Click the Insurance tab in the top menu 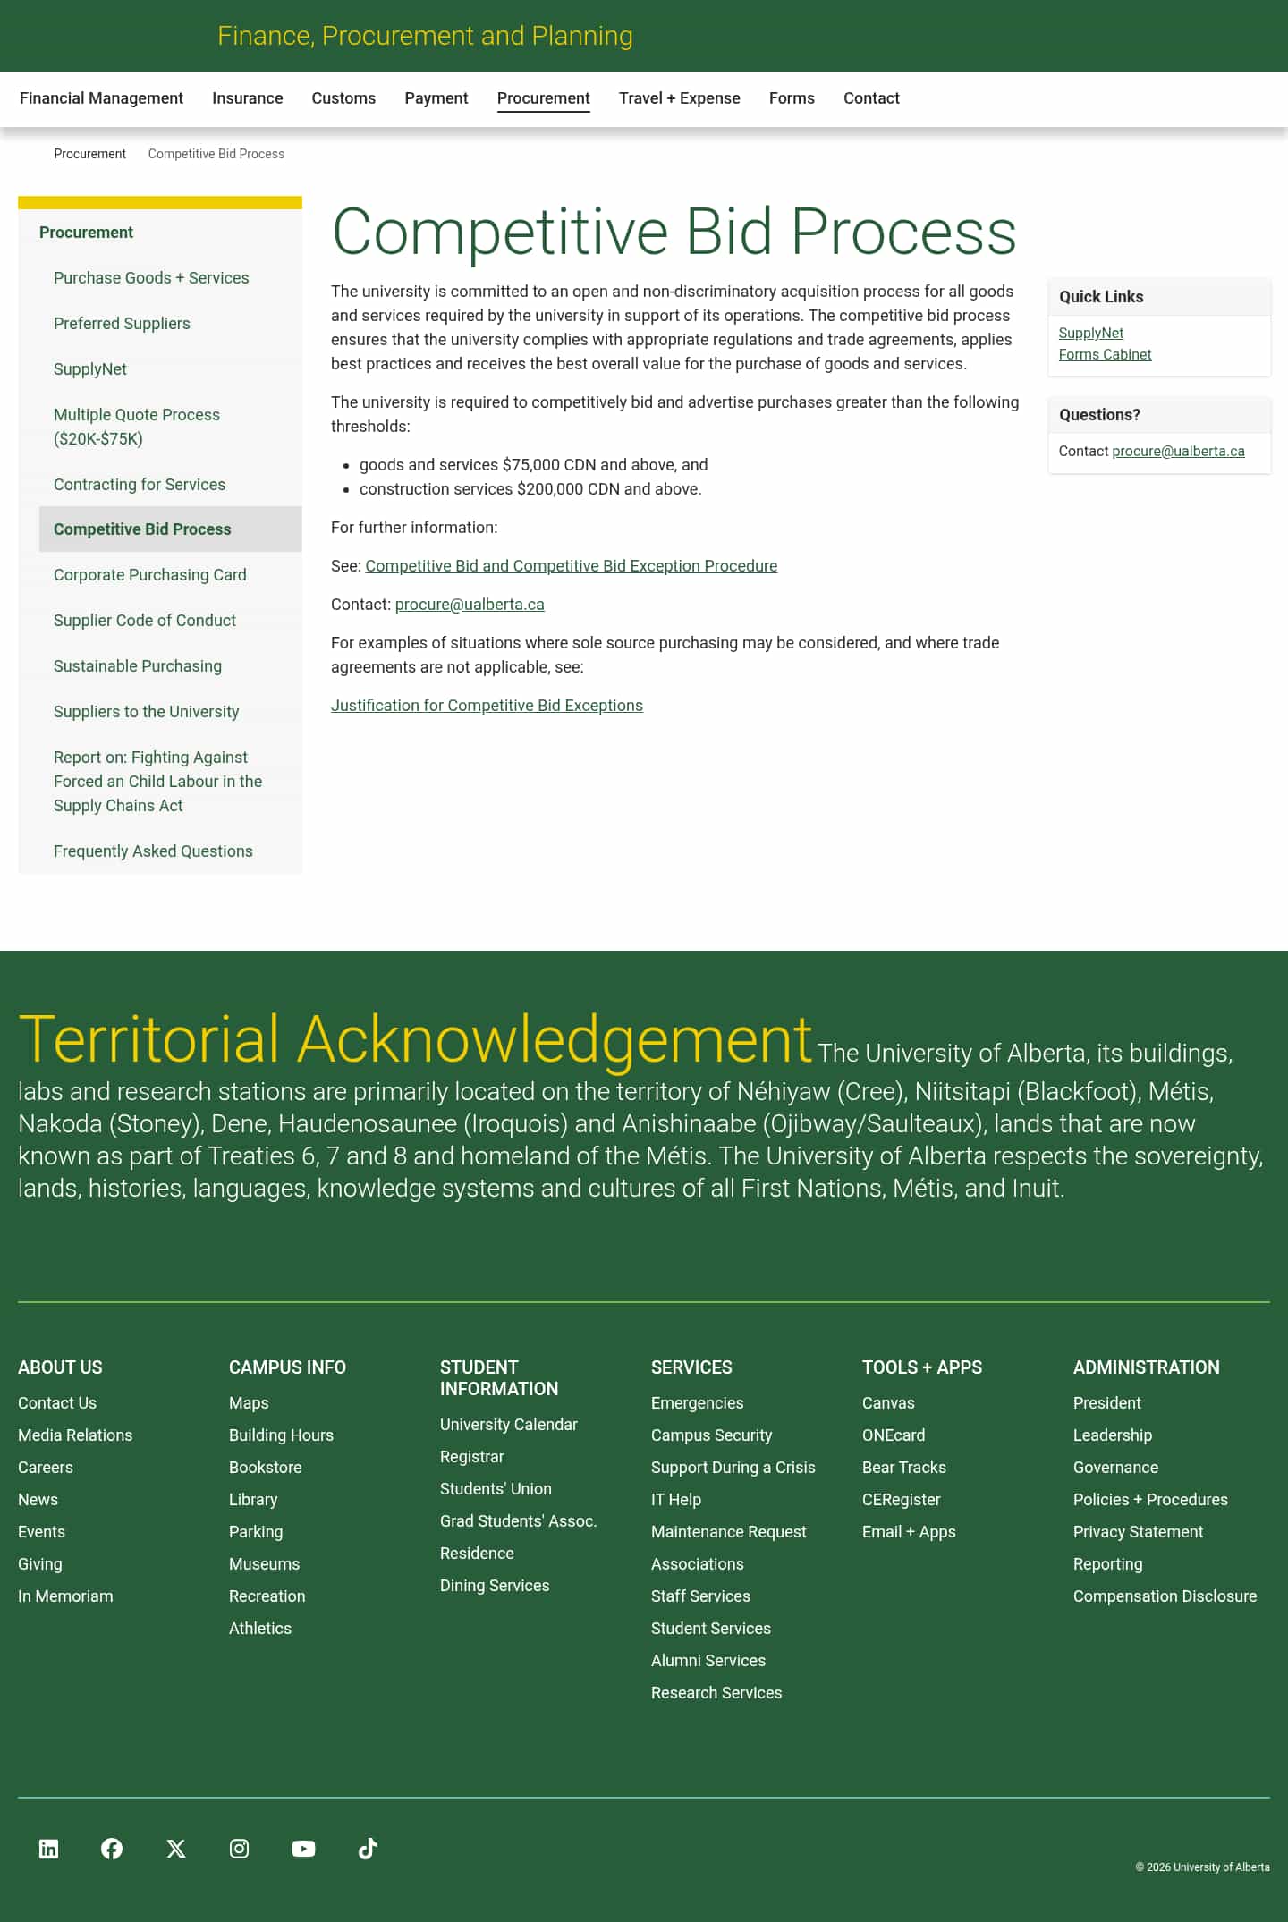pos(247,98)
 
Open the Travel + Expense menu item pos(679,98)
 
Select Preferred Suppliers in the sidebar pos(122,324)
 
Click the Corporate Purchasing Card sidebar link pos(149,575)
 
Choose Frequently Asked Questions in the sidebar pos(153,851)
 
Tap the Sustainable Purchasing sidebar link pos(138,666)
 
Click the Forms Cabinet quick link pos(1105,355)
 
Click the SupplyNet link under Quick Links pos(1090,334)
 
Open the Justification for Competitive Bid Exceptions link pos(487,706)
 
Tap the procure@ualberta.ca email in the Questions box pos(1178,452)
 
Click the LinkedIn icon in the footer pos(49,1849)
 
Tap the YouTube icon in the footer pos(303,1849)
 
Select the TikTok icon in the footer pos(368,1849)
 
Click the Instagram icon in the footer pos(239,1849)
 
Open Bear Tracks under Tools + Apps pos(903,1468)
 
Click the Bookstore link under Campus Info pos(265,1468)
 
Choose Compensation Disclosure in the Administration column pos(1165,1596)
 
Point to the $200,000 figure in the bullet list pos(550,489)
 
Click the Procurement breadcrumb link pos(89,154)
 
